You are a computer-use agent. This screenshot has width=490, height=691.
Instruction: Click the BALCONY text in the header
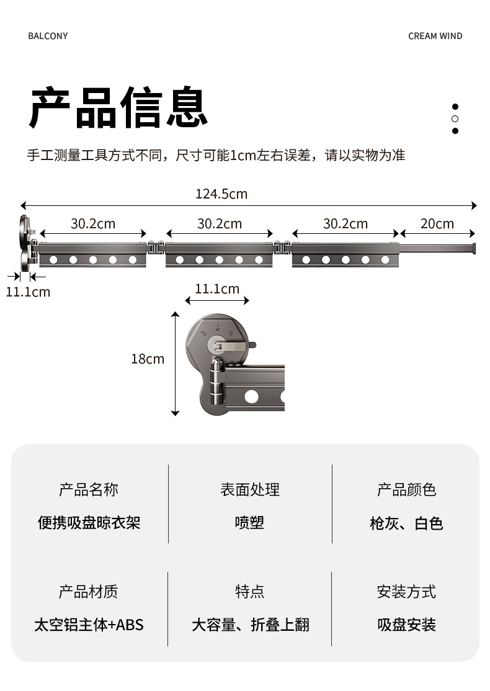[x=48, y=36]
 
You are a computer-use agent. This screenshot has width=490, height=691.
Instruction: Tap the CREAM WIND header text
[x=435, y=36]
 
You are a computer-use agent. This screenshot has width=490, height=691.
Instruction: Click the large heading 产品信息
[x=118, y=108]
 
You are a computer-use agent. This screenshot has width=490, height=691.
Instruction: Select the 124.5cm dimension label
[x=221, y=194]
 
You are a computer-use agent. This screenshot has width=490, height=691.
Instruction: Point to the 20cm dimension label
[x=437, y=223]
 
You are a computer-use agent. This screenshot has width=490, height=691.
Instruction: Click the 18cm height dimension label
[x=148, y=359]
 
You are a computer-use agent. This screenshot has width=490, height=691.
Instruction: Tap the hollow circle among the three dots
[x=455, y=118]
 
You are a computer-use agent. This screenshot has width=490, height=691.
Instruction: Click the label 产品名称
[x=89, y=490]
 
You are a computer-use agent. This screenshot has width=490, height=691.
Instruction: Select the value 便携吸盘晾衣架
[x=89, y=523]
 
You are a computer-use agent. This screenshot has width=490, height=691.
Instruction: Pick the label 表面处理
[x=250, y=490]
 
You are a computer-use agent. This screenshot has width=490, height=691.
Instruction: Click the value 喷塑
[x=250, y=523]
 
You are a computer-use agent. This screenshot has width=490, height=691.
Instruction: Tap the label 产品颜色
[x=407, y=490]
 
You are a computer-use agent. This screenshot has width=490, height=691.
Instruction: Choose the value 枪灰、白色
[x=407, y=524]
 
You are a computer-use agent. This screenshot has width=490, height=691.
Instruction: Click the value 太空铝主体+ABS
[x=89, y=625]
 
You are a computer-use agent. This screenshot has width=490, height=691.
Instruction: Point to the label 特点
[x=250, y=592]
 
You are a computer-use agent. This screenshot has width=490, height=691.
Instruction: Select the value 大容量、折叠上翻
[x=250, y=625]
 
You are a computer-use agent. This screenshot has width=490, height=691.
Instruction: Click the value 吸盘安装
[x=407, y=625]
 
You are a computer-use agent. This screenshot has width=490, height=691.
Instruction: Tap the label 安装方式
[x=407, y=592]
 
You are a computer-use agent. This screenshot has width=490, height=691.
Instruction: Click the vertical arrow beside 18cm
[x=176, y=363]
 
